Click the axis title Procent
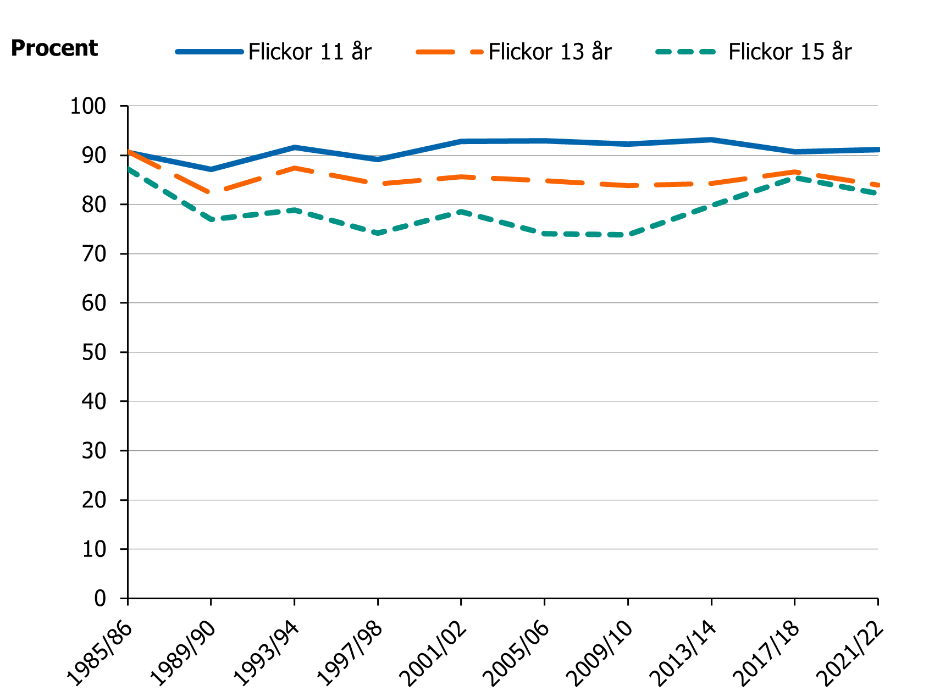(54, 48)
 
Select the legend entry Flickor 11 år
(309, 52)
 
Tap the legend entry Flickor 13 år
(549, 52)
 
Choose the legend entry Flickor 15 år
(789, 52)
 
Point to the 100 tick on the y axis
(88, 106)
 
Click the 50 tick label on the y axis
(93, 352)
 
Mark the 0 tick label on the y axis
(99, 598)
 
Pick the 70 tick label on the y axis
(93, 254)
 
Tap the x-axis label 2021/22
(851, 654)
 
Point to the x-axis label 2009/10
(601, 654)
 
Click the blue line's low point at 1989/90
(211, 169)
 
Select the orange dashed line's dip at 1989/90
(211, 192)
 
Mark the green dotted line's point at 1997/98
(378, 234)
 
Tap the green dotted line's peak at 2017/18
(794, 178)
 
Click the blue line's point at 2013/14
(711, 140)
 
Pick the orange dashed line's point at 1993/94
(295, 168)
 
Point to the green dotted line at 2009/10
(628, 235)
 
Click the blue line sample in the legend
(209, 52)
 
